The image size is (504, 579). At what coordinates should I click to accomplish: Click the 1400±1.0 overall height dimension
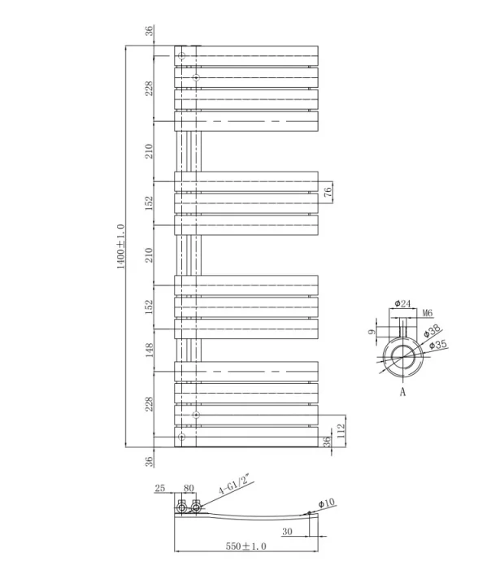click(120, 246)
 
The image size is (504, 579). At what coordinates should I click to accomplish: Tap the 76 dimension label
click(328, 193)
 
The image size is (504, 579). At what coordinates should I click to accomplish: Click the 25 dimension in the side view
click(159, 489)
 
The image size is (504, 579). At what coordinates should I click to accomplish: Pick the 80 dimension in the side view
click(189, 489)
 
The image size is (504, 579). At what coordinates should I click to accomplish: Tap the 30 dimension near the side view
click(287, 532)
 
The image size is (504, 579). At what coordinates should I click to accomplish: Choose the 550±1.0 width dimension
click(245, 547)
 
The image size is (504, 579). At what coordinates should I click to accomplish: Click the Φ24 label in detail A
click(402, 303)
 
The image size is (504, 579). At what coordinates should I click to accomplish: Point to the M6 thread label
click(428, 312)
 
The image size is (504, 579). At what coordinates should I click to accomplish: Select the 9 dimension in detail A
click(372, 332)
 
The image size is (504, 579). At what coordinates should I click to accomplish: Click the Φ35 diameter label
click(438, 346)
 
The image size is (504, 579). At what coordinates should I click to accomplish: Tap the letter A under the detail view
click(402, 392)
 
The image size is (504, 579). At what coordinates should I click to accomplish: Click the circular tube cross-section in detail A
click(402, 355)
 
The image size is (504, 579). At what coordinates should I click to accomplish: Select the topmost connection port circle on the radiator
click(182, 56)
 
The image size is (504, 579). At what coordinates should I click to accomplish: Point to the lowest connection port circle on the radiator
click(182, 438)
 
